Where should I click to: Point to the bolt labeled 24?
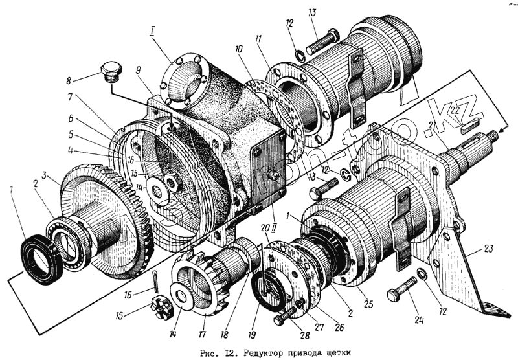[403, 289]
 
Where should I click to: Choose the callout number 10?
[239, 49]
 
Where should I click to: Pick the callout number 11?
[259, 39]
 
